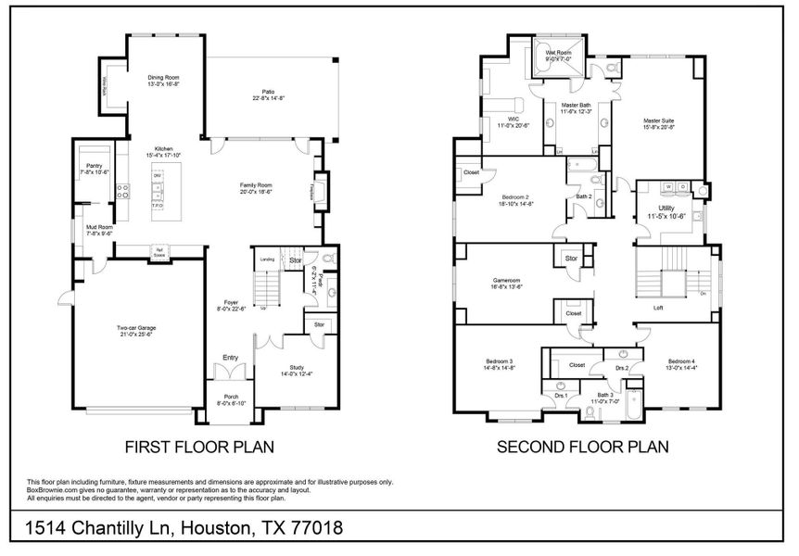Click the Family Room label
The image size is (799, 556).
(257, 184)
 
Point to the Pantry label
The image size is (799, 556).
(95, 167)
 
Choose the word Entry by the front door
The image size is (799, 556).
(230, 357)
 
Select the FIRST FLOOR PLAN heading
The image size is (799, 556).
(199, 447)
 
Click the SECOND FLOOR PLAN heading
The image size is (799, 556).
(583, 447)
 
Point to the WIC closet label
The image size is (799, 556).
(505, 119)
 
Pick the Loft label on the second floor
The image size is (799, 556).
(658, 308)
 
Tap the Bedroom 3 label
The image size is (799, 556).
(499, 360)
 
